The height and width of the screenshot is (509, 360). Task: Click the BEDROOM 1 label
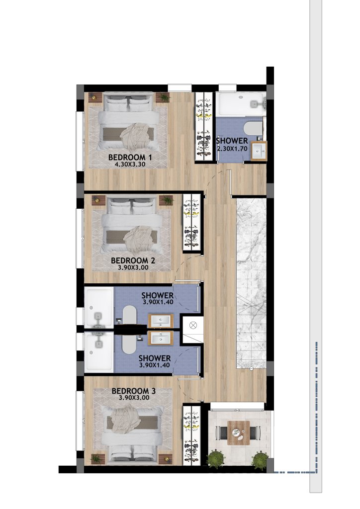tap(130, 158)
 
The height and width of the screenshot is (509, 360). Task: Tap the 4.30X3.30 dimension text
tap(130, 165)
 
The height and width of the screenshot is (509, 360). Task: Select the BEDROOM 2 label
tap(133, 260)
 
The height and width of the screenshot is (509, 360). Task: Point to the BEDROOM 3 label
tap(133, 391)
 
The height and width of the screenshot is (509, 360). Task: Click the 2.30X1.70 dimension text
tap(232, 149)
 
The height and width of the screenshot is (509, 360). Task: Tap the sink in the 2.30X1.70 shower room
tap(259, 151)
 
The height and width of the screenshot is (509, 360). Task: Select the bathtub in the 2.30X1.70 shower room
tap(241, 103)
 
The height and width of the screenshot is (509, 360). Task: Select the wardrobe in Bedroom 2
tap(191, 223)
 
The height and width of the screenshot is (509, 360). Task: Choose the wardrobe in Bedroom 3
tap(191, 435)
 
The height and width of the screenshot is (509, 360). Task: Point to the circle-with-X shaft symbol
tap(193, 325)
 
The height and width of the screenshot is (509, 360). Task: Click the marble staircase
tap(251, 283)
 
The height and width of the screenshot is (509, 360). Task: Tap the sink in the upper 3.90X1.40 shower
tap(161, 321)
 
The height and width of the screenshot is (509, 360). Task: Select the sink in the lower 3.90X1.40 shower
tap(161, 338)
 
